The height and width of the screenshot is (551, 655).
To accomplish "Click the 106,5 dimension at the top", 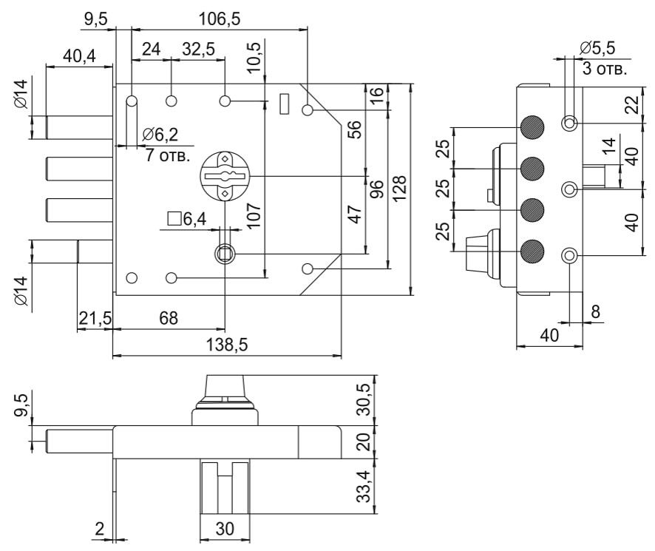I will coord(220,19).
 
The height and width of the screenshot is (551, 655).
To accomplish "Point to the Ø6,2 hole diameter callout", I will coord(160,135).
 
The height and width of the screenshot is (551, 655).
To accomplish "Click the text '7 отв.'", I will coord(167,156).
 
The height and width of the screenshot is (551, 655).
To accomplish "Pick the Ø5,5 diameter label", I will coord(597,48).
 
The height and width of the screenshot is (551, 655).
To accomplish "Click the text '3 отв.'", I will coord(605,70).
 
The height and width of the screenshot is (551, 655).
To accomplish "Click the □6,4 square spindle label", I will coord(186,219).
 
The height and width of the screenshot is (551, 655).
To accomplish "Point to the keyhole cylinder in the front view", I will coord(225,175).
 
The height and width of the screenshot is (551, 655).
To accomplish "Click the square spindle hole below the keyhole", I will coord(224,254).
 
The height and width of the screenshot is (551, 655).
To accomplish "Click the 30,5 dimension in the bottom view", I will coord(363,397).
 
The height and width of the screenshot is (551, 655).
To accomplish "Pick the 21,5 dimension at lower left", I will coord(95,319).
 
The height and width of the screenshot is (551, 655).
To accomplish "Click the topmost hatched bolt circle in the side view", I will coord(532,128).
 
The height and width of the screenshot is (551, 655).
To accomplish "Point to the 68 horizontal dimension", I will coord(169,319).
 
